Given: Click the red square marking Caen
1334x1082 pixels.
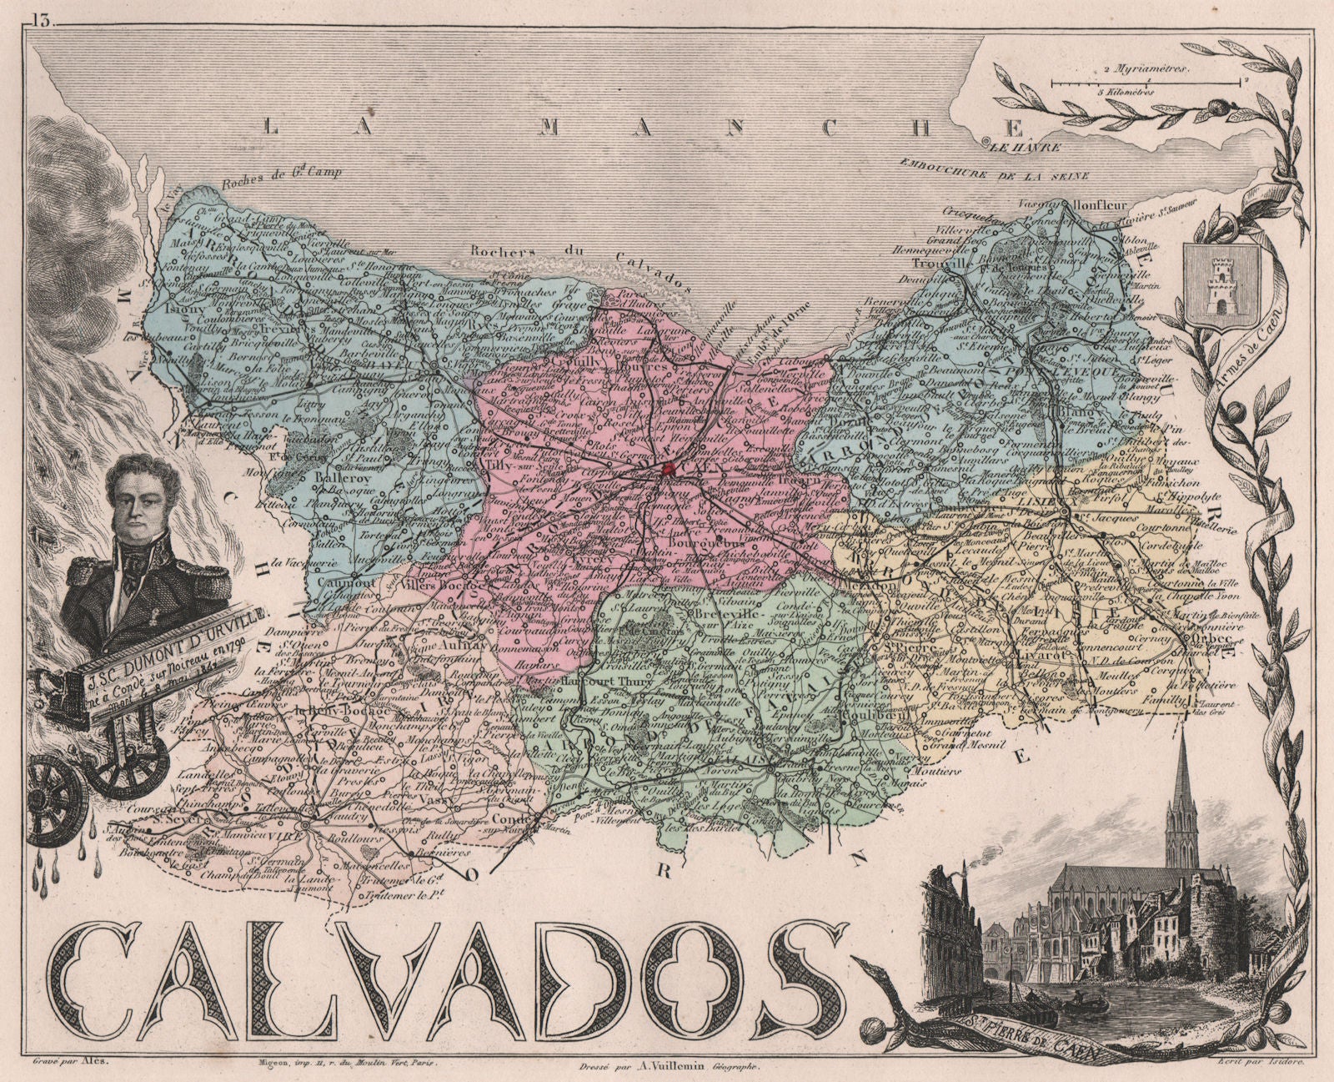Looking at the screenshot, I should coord(670,471).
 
